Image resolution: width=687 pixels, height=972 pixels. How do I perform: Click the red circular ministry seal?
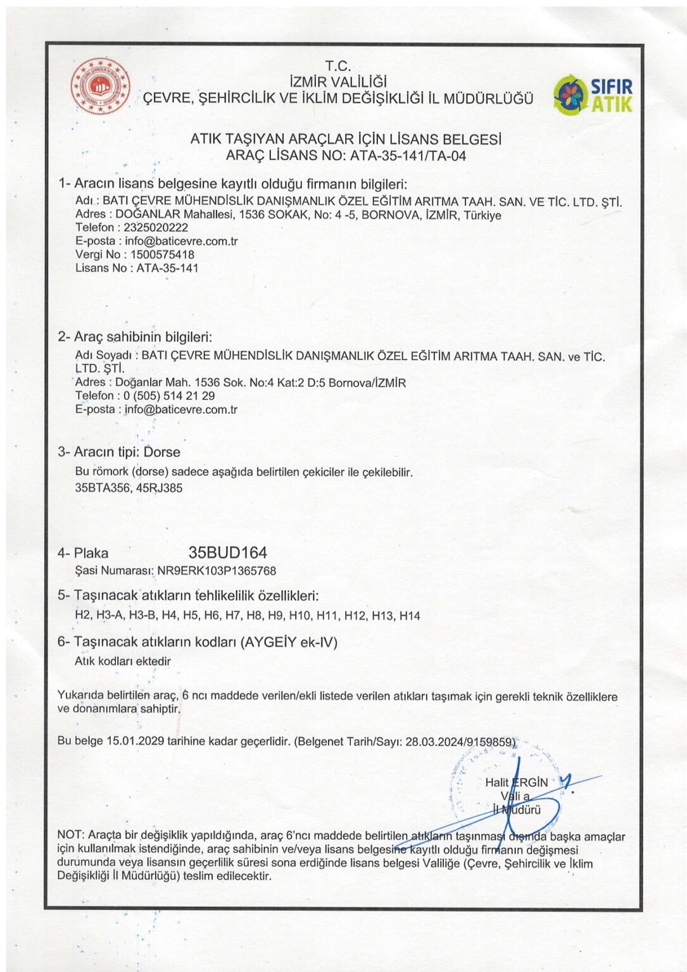(100, 86)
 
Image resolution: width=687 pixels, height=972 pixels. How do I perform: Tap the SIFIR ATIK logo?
(593, 95)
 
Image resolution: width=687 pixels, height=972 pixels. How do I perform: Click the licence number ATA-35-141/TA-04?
(408, 156)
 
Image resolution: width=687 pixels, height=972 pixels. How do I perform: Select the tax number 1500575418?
(163, 254)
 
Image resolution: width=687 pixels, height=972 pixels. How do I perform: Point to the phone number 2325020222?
(156, 227)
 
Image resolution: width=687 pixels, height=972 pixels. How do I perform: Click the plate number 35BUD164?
(228, 552)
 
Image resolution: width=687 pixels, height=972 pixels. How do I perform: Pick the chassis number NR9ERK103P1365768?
(217, 570)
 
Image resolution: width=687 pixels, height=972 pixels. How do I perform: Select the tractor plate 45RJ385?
(159, 488)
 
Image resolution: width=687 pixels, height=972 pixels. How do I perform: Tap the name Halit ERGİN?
(516, 782)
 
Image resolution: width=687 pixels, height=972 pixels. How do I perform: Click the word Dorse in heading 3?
(162, 452)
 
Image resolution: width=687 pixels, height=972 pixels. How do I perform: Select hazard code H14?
(410, 615)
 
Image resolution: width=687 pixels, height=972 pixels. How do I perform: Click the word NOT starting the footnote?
(70, 836)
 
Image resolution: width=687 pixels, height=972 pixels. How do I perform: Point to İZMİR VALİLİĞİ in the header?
(337, 82)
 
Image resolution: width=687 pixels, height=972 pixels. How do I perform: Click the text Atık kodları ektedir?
(123, 661)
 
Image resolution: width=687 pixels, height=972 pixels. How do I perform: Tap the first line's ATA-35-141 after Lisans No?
(167, 268)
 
